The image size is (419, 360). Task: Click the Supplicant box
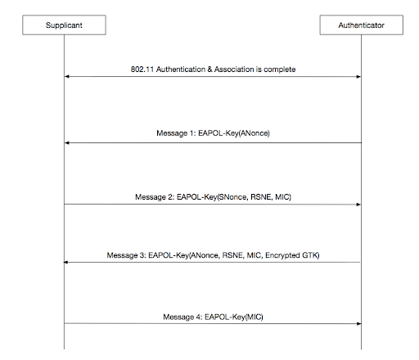pyautogui.click(x=64, y=25)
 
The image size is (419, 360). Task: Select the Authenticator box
pyautogui.click(x=361, y=25)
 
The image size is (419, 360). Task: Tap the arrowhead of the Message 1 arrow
pyautogui.click(x=67, y=142)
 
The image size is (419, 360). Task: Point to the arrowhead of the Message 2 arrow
pyautogui.click(x=358, y=205)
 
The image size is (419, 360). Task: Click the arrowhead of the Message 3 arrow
pyautogui.click(x=65, y=262)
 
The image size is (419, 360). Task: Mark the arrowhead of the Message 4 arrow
pyautogui.click(x=358, y=323)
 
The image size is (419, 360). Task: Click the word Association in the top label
pyautogui.click(x=234, y=70)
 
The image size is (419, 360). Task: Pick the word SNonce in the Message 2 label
pyautogui.click(x=233, y=197)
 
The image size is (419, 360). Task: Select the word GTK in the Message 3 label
pyautogui.click(x=310, y=255)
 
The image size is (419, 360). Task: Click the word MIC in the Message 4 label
pyautogui.click(x=255, y=317)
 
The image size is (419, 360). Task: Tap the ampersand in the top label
pyautogui.click(x=209, y=70)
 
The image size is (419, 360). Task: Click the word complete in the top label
pyautogui.click(x=280, y=70)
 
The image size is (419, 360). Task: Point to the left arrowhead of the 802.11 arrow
pyautogui.click(x=67, y=77)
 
